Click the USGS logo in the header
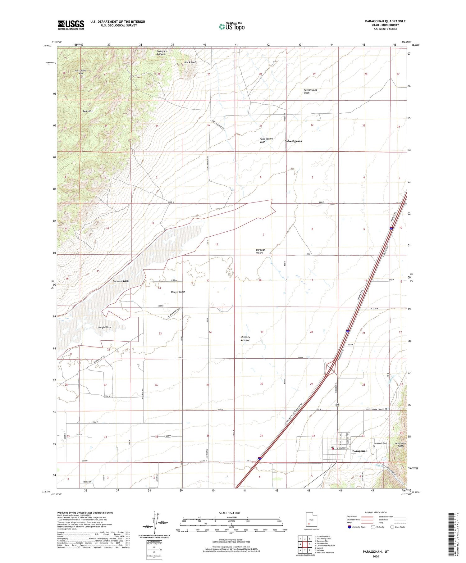click(x=71, y=25)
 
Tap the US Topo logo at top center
click(x=231, y=26)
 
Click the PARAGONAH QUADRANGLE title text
click(x=381, y=21)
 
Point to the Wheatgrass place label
click(x=293, y=141)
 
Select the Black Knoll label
click(x=190, y=62)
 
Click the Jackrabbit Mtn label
click(x=80, y=72)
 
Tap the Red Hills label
click(x=88, y=111)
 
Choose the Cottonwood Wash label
click(x=310, y=91)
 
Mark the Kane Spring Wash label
click(x=266, y=140)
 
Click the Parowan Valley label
click(x=260, y=251)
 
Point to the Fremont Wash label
click(x=121, y=281)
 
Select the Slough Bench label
click(x=178, y=292)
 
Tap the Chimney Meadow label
click(x=245, y=338)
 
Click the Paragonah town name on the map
click(x=359, y=451)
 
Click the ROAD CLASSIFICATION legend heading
click(x=376, y=512)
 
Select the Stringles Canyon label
click(x=162, y=52)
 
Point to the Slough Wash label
click(x=104, y=327)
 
